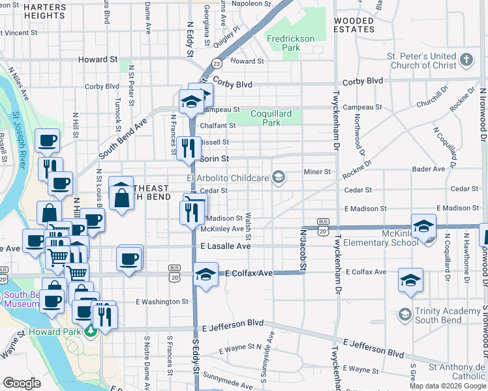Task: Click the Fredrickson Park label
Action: (291, 43)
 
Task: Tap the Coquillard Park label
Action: (275, 118)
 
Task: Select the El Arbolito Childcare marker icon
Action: (279, 177)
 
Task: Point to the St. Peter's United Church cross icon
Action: (466, 61)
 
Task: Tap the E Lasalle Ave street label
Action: (226, 246)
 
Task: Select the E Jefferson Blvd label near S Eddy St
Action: (233, 323)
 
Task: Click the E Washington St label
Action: (162, 302)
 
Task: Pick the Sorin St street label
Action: (215, 158)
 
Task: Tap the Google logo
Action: (22, 383)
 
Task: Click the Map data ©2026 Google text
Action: (448, 386)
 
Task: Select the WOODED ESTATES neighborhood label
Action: (354, 25)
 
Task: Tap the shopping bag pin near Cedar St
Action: (122, 194)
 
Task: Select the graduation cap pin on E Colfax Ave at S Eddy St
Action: (206, 276)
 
